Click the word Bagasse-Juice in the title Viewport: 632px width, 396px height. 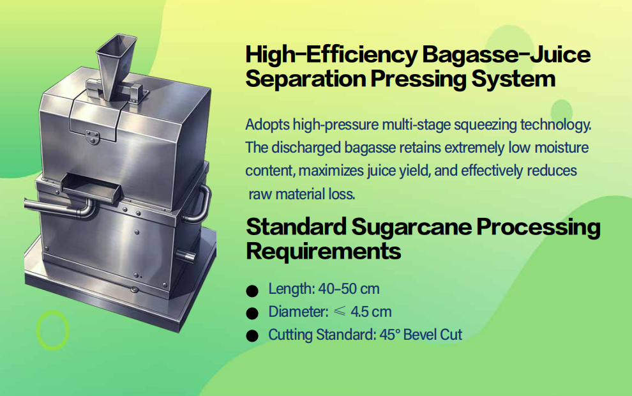[x=506, y=55]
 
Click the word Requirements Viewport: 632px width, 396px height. [x=323, y=251]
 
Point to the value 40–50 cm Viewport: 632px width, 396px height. [x=349, y=289]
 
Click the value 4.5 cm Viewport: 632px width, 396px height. [x=371, y=312]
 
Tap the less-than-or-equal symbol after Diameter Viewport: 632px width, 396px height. [x=340, y=312]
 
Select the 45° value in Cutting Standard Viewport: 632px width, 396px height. [x=389, y=335]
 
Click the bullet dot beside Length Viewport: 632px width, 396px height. [x=252, y=291]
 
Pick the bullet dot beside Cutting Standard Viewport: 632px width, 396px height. [x=252, y=336]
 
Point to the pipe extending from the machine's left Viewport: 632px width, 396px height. [x=59, y=208]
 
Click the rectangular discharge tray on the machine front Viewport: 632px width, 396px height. [x=91, y=188]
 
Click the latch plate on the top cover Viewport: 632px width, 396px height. [x=93, y=137]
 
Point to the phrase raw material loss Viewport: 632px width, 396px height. [x=302, y=194]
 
